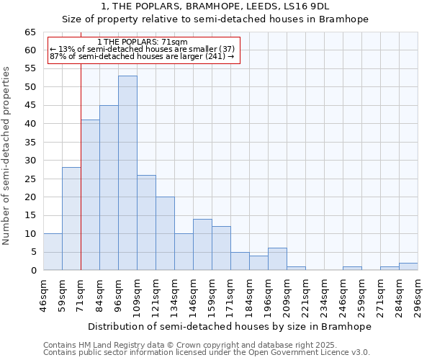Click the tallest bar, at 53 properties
point(127,173)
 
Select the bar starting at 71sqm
point(90,194)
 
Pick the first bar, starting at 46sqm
point(53,252)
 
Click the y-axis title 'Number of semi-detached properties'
point(7,156)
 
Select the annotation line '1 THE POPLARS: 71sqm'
point(142,42)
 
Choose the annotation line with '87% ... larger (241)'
point(142,56)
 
